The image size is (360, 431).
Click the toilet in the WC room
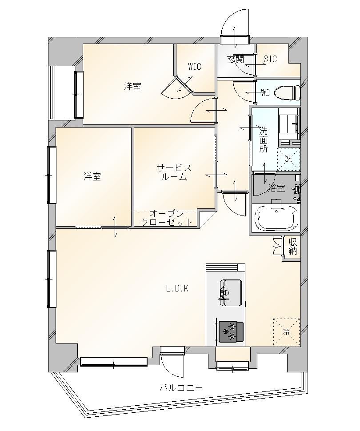tap(287, 93)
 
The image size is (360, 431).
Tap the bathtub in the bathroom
tap(276, 218)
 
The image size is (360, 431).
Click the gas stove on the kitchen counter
tap(231, 331)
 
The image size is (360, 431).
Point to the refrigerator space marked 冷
tap(286, 332)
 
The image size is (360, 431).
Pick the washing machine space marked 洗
tap(288, 159)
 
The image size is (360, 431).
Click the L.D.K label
tap(177, 289)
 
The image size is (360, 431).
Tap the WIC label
tap(195, 67)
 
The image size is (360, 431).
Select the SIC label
tap(270, 59)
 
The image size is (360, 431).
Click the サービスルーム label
tap(174, 172)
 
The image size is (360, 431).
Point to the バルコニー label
tap(181, 388)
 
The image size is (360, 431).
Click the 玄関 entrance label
tap(236, 60)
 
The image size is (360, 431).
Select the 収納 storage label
tap(293, 246)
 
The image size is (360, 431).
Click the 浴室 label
tap(276, 188)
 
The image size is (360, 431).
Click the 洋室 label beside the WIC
tap(132, 87)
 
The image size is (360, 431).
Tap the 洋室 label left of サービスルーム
tap(92, 176)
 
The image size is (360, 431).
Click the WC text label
tap(265, 93)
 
